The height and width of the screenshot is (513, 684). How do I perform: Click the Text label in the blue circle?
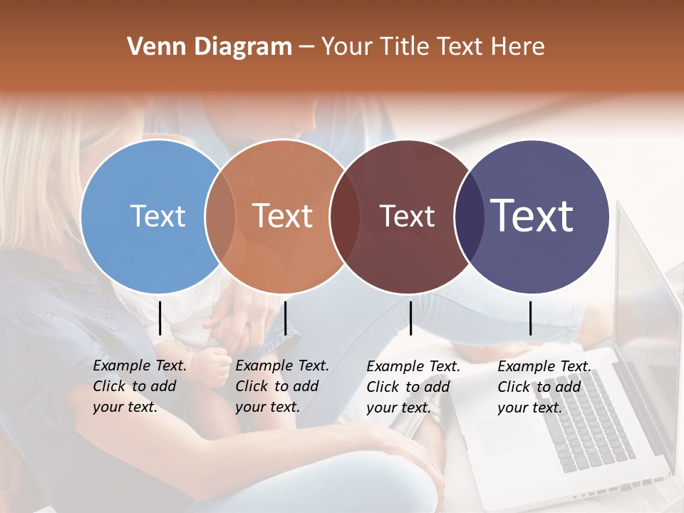point(157,216)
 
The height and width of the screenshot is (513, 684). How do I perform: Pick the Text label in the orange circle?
point(283,216)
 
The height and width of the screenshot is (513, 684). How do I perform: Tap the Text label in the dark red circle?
point(407,216)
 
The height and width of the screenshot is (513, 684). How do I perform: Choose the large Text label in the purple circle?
point(532,216)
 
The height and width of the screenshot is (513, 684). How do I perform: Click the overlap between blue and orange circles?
point(220,217)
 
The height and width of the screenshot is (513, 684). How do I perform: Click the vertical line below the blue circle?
point(160,318)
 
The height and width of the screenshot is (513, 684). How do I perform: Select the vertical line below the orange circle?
point(285,318)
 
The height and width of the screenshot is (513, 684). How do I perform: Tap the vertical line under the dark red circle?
point(410,318)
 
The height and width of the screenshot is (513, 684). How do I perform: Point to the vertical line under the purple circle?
point(530,318)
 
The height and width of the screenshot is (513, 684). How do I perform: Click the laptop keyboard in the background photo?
point(584,420)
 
